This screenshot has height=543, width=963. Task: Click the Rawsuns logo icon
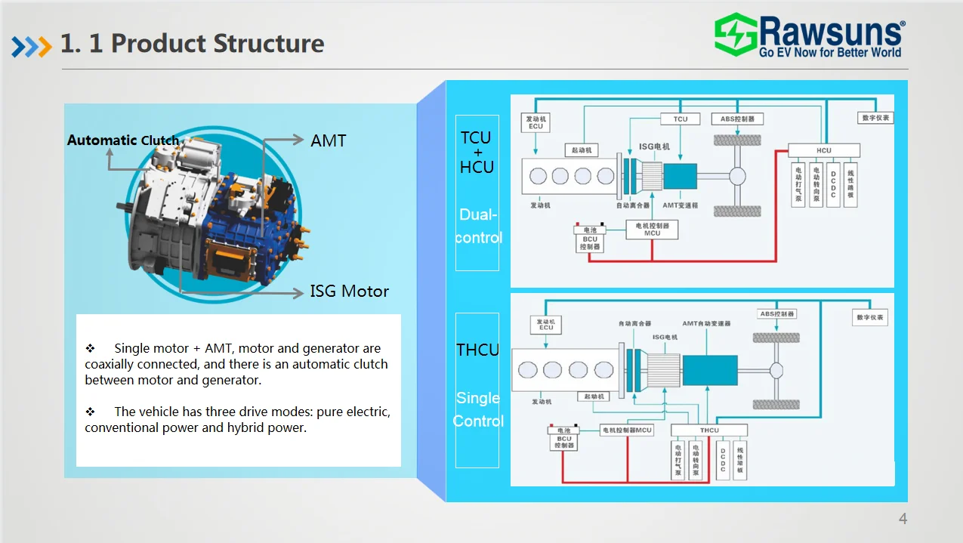[x=736, y=34]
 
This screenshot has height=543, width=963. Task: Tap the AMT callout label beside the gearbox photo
[x=329, y=140]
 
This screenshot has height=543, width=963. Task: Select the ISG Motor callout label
[x=349, y=292]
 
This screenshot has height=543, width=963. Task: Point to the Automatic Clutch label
[x=123, y=140]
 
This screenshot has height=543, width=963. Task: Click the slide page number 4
[x=903, y=519]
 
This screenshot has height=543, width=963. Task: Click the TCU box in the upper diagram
[x=681, y=119]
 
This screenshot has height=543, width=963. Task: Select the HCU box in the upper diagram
[x=823, y=150]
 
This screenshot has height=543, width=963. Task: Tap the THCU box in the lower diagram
[x=709, y=430]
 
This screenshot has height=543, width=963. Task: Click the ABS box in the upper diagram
[x=737, y=119]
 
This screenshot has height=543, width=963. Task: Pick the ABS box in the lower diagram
[x=777, y=314]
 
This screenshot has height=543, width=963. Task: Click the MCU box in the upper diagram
[x=652, y=230]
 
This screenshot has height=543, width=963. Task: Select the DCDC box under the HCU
[x=833, y=184]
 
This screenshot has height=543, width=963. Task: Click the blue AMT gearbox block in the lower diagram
[x=710, y=370]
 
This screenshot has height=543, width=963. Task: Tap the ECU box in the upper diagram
[x=536, y=122]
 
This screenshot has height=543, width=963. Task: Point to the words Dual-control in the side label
[x=478, y=226]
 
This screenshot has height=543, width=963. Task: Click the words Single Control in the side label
[x=478, y=409]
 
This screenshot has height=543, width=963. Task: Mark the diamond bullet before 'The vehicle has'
[x=90, y=412]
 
